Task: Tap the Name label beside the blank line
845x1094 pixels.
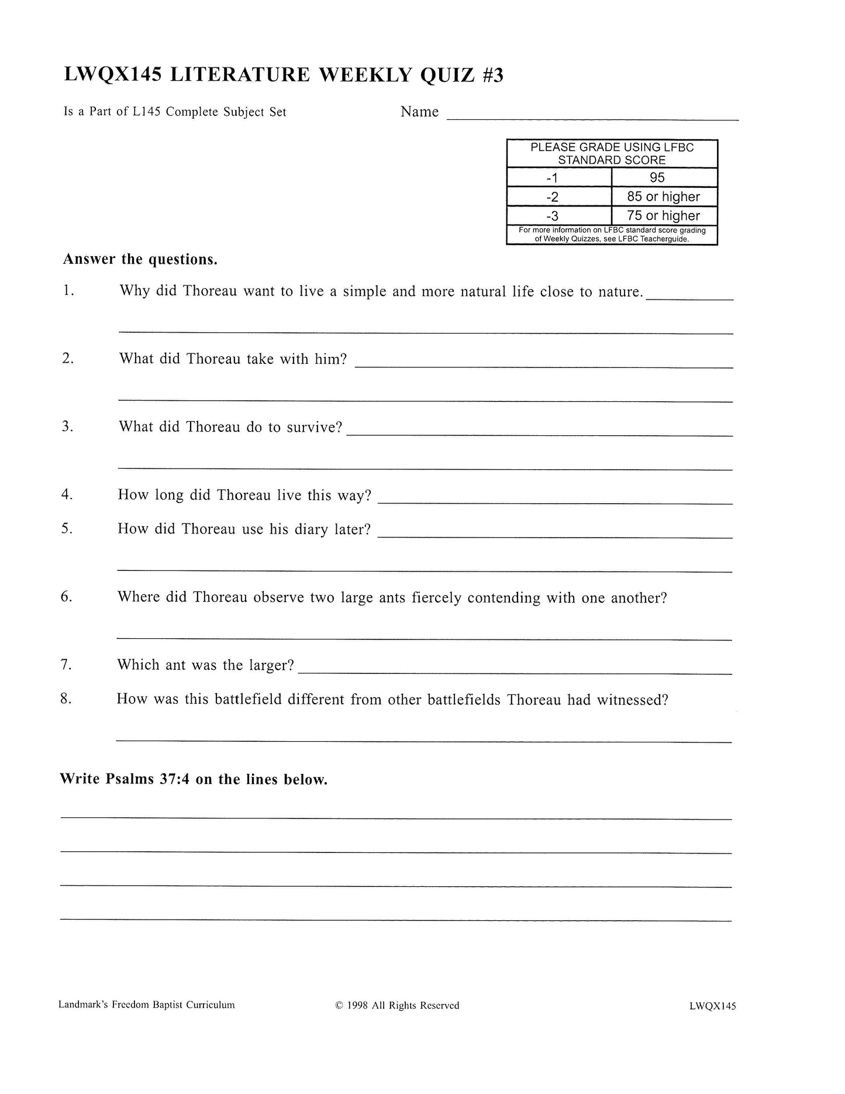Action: coord(419,112)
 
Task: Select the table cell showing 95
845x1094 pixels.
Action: coord(657,178)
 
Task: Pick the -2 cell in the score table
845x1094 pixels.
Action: coord(552,197)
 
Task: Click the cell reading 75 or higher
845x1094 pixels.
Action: coord(663,216)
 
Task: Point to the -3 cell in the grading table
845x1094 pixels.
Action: coord(552,216)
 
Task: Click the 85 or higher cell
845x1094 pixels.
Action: coord(663,197)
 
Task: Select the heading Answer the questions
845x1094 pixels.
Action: coord(140,260)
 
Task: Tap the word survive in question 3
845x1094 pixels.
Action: coord(314,427)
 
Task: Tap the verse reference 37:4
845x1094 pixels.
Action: coord(174,780)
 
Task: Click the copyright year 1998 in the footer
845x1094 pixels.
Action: coord(357,1006)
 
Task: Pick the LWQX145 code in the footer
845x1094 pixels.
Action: coord(712,1006)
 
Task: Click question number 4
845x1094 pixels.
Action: coord(67,495)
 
